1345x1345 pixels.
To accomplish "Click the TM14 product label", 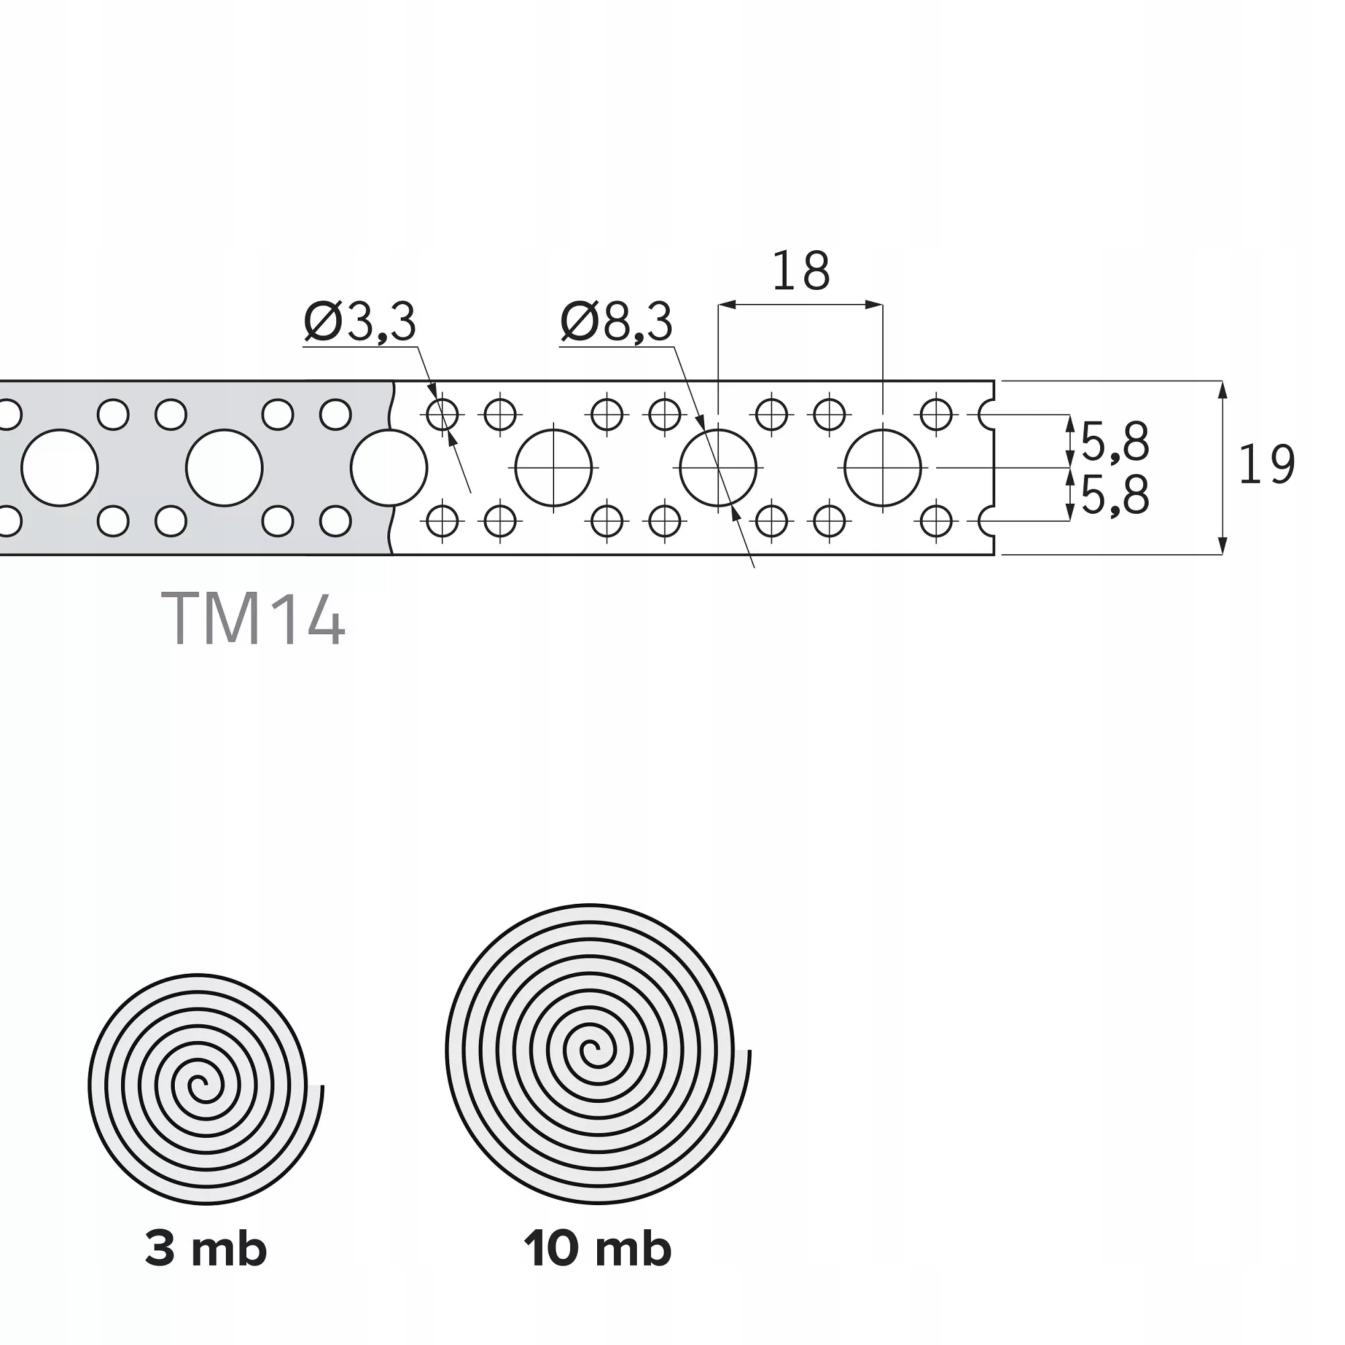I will (x=253, y=618).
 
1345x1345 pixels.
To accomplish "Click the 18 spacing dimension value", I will (x=800, y=272).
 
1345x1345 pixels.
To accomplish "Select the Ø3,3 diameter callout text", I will (x=360, y=322).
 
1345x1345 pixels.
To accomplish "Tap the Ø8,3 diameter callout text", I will (x=617, y=322).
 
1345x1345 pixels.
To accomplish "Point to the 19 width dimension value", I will (x=1266, y=465).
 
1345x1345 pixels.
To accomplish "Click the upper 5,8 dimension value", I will (x=1114, y=442).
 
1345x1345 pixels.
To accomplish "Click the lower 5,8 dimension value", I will (x=1114, y=495).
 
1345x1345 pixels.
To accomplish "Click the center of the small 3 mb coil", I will (x=199, y=1085).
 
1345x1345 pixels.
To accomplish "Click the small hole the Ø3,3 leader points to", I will (x=442, y=416).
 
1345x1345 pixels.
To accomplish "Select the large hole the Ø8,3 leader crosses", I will (x=718, y=468).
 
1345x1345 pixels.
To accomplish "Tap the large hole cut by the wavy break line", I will (x=389, y=468).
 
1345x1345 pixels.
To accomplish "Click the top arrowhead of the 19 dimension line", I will (x=1223, y=387).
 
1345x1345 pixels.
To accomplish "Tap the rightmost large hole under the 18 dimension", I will (x=882, y=468).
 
